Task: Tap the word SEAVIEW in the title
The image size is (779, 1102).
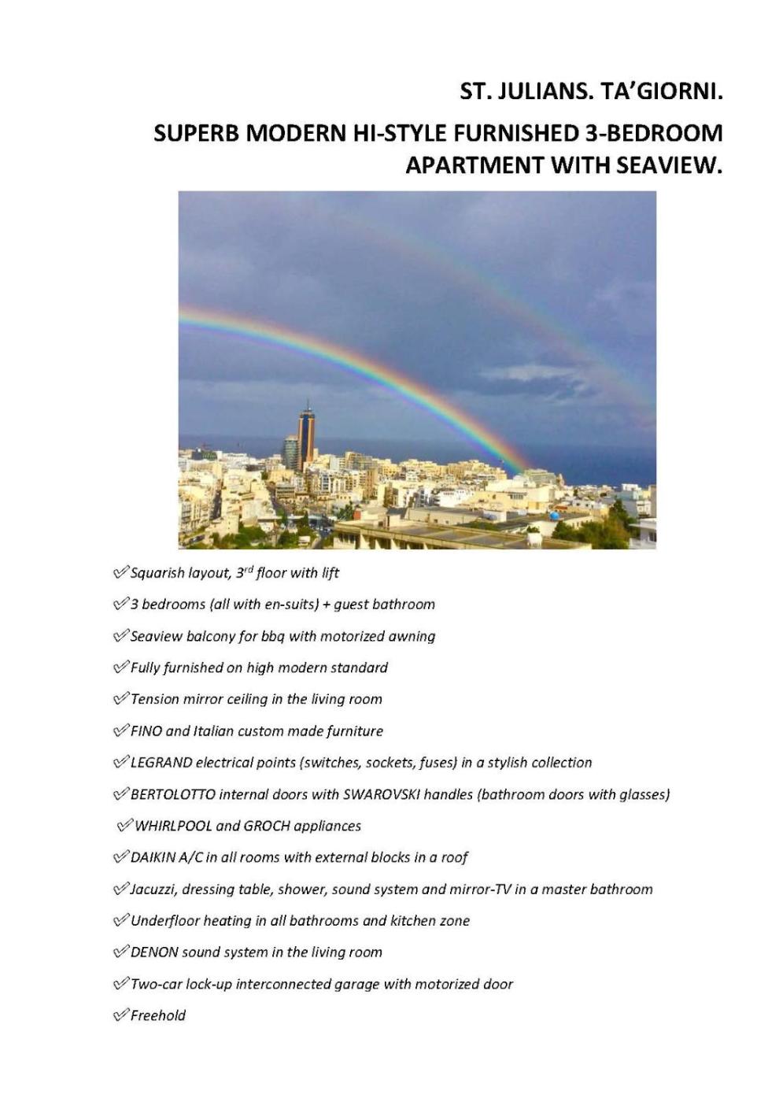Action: pyautogui.click(x=670, y=165)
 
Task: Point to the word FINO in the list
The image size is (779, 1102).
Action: pyautogui.click(x=146, y=731)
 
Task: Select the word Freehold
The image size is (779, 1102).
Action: pyautogui.click(x=158, y=1015)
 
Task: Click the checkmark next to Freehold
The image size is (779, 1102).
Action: pyautogui.click(x=120, y=1015)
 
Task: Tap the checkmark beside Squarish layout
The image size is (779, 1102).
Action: pyautogui.click(x=120, y=572)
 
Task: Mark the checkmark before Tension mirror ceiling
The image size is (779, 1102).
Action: pyautogui.click(x=120, y=698)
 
